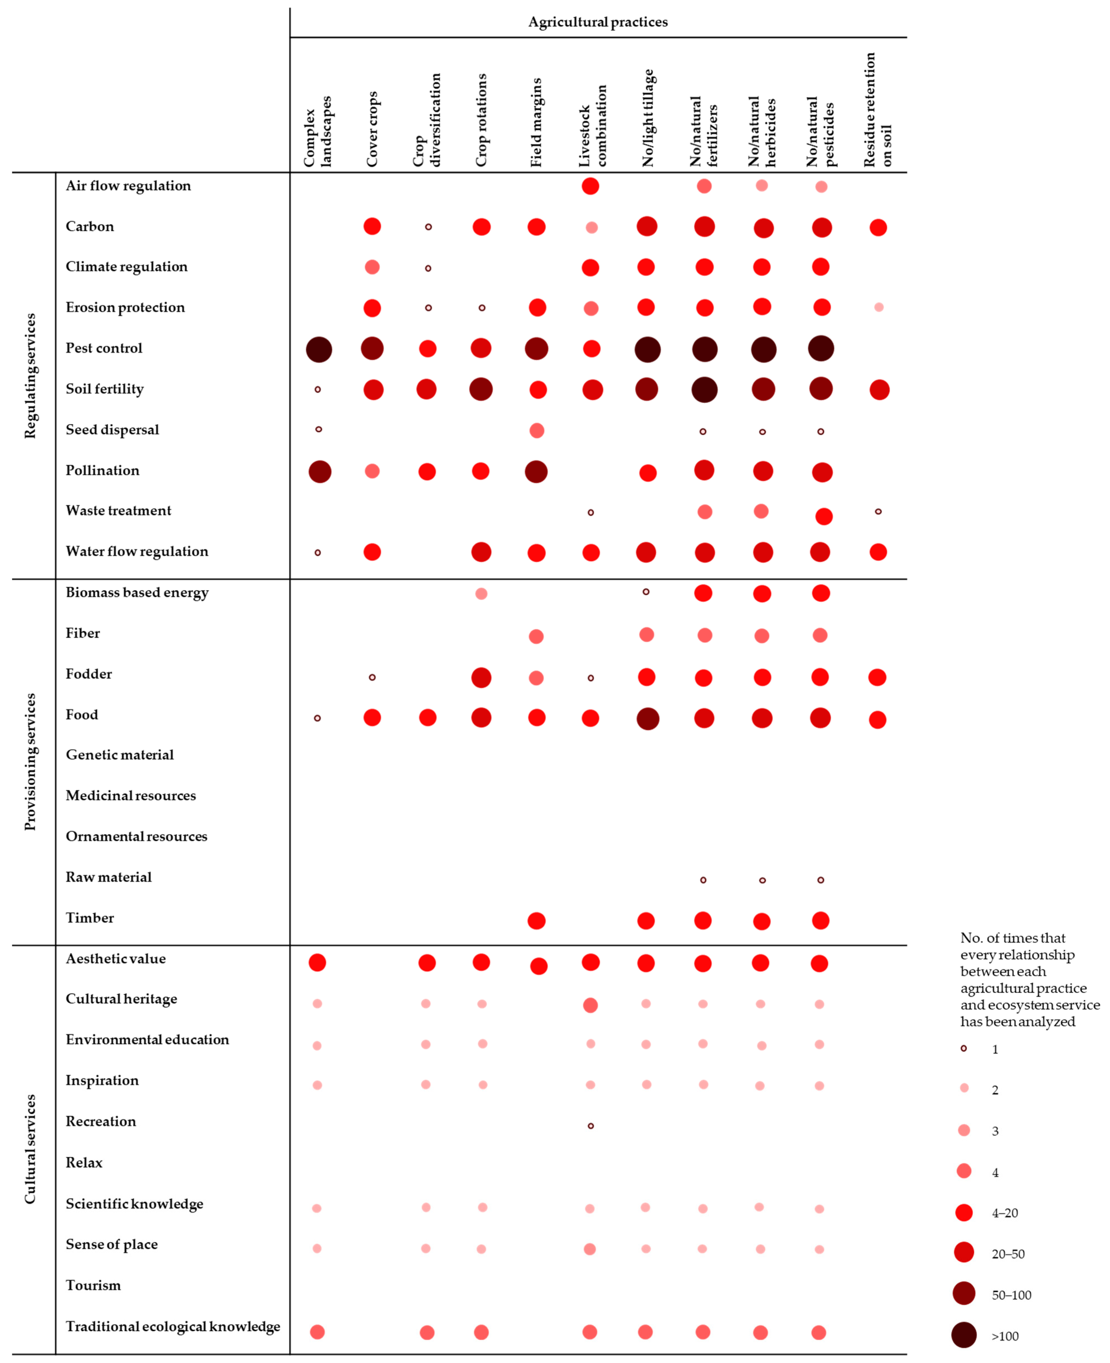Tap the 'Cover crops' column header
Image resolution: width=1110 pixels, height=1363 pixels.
372,129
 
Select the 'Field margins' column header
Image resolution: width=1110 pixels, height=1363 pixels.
536,123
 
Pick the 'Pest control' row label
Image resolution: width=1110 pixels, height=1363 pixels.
104,348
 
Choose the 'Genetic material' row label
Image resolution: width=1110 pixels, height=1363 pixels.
120,755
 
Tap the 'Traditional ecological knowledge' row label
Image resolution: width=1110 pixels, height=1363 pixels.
173,1326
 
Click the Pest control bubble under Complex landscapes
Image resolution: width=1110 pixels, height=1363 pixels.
319,349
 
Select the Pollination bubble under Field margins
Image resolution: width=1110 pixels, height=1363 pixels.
536,471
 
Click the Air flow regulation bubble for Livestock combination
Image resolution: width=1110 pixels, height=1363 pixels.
590,186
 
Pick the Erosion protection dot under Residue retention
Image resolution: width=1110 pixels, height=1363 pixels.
878,307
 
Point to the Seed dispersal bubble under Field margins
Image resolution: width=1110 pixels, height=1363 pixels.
536,430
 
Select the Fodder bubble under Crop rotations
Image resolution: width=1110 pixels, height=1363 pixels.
481,677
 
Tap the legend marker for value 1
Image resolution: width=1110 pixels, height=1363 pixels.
964,1048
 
